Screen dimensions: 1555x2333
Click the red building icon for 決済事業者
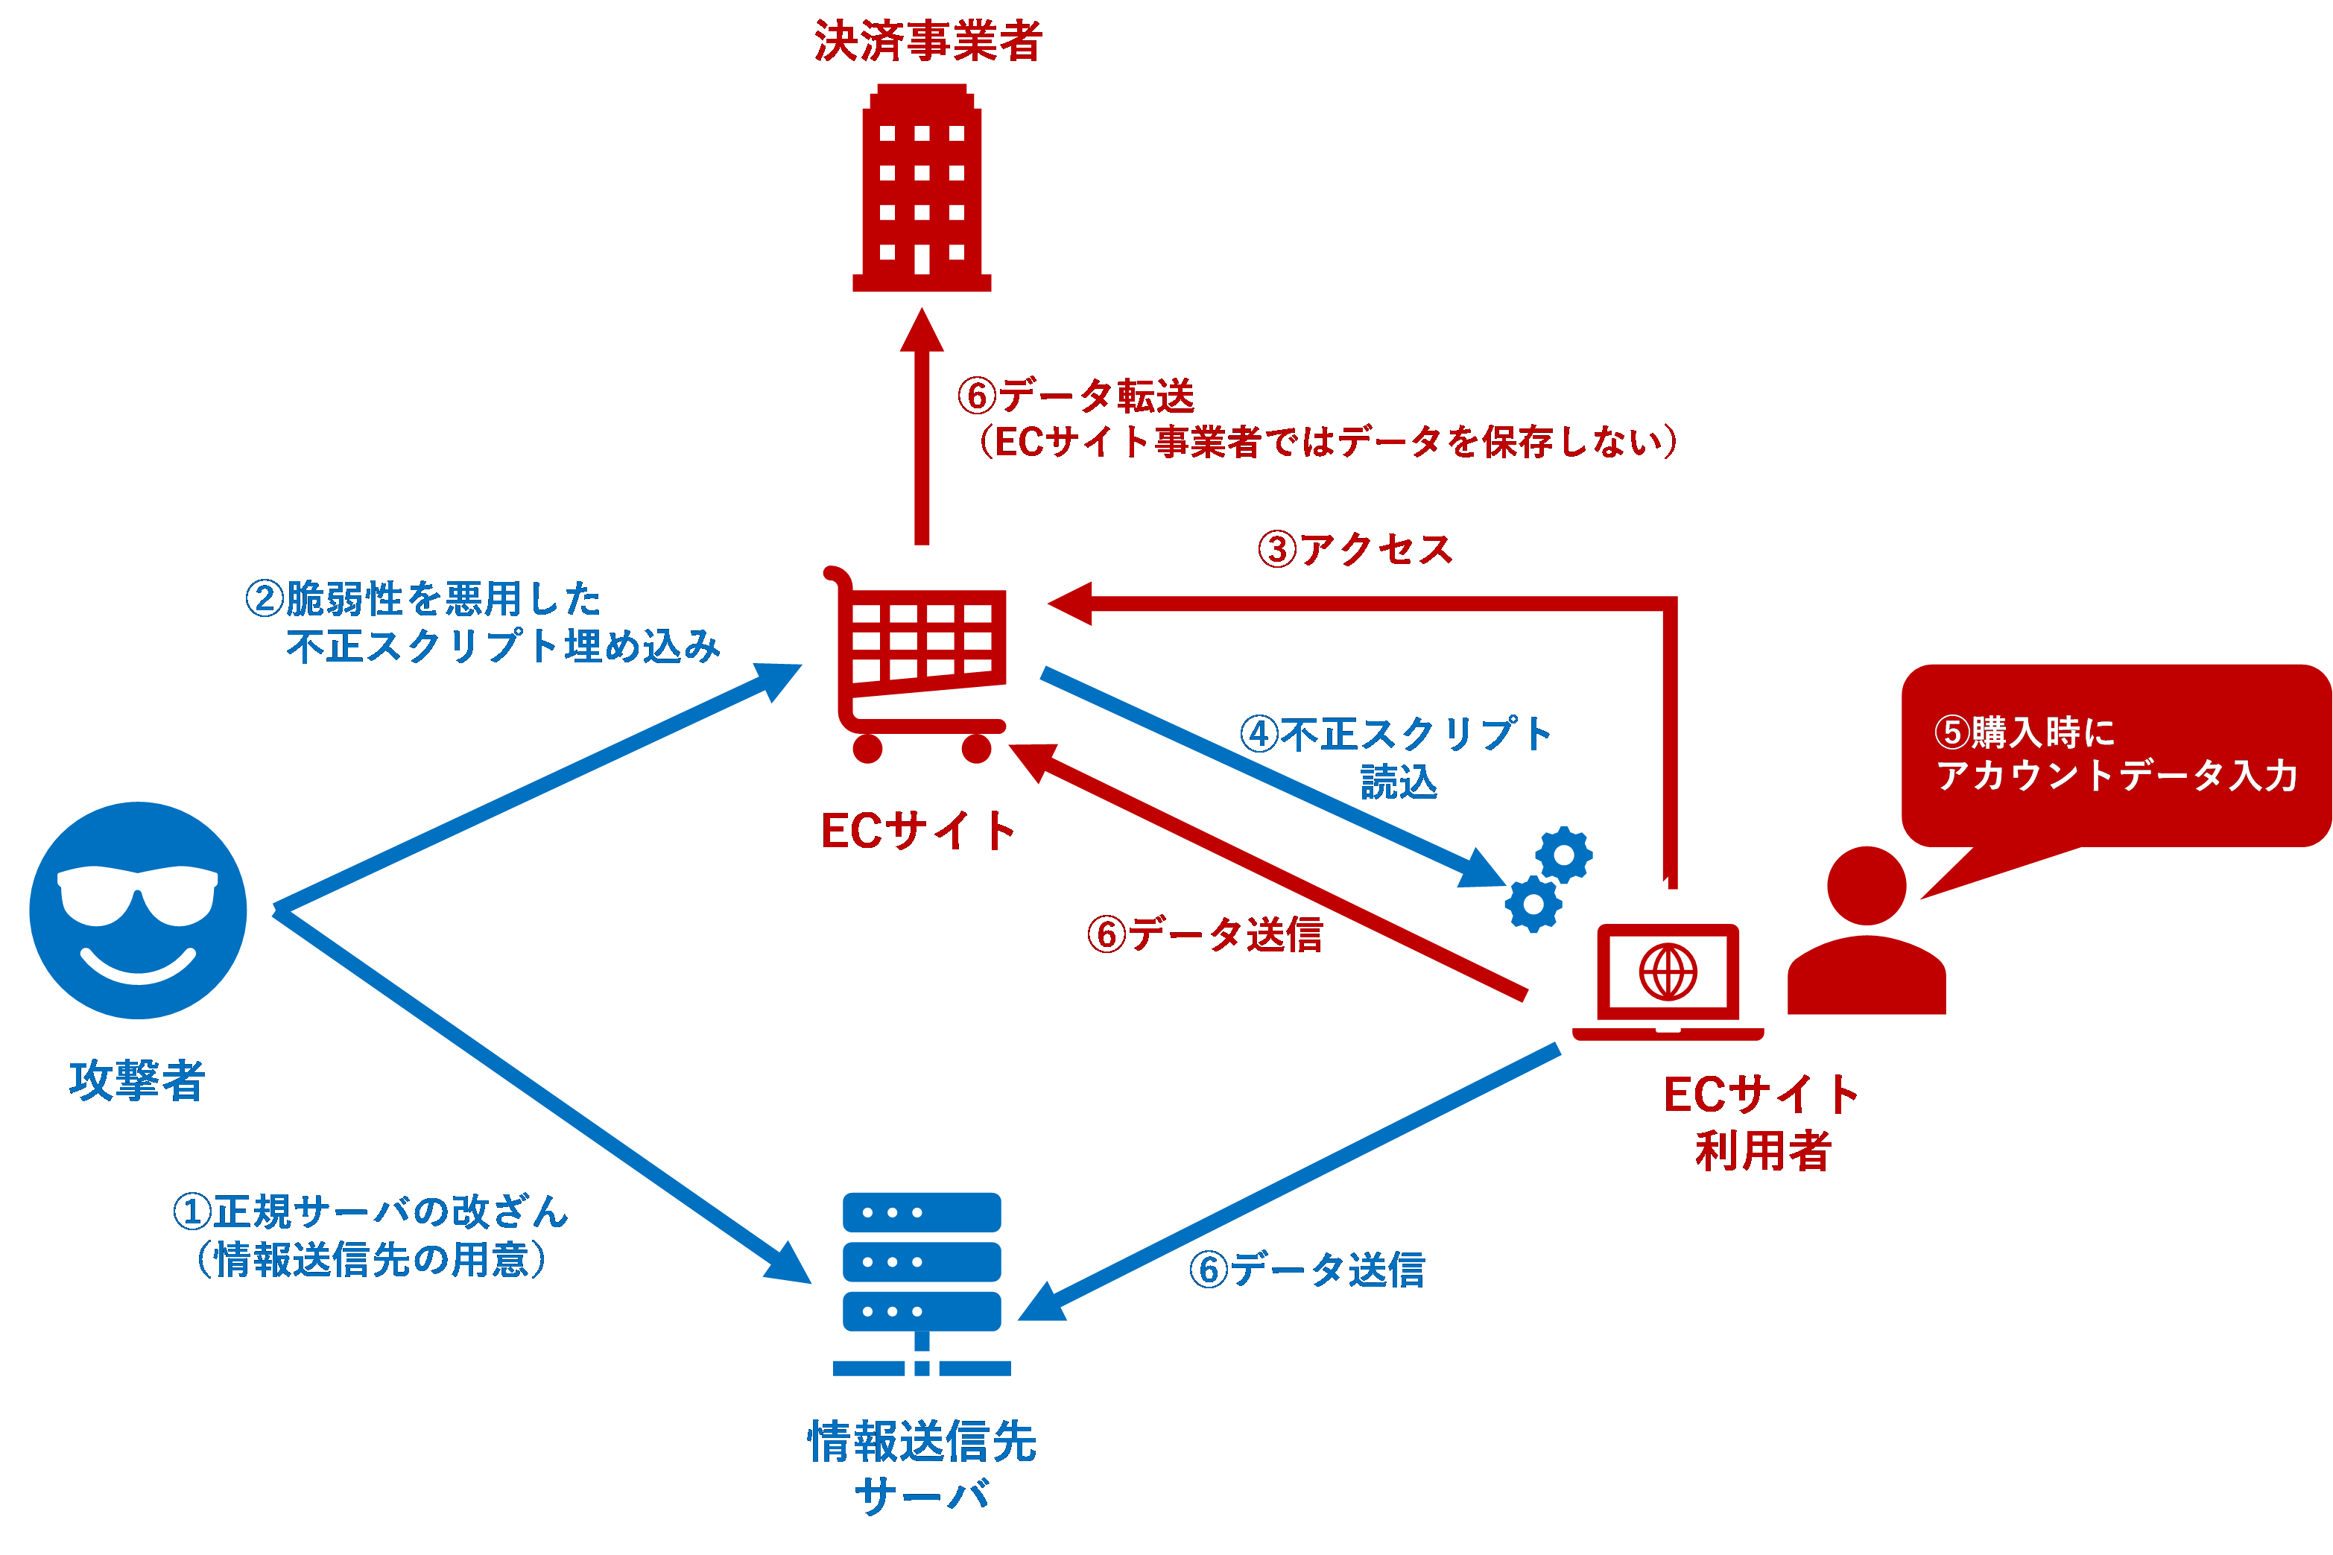click(921, 189)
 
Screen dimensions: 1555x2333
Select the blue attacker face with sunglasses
click(138, 910)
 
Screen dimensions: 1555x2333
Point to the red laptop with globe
click(1668, 979)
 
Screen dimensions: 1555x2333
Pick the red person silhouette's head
click(1866, 886)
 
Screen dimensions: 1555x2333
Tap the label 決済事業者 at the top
click(928, 42)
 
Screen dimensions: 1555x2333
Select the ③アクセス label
click(1355, 549)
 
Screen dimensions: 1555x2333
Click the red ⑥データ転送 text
click(1076, 396)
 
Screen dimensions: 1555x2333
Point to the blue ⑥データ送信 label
click(1307, 1270)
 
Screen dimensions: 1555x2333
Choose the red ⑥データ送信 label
click(1205, 934)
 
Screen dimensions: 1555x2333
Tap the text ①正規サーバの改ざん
click(371, 1211)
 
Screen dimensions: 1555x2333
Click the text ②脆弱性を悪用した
click(423, 598)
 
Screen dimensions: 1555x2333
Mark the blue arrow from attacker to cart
click(536, 788)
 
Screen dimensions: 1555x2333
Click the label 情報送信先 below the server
click(922, 1441)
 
